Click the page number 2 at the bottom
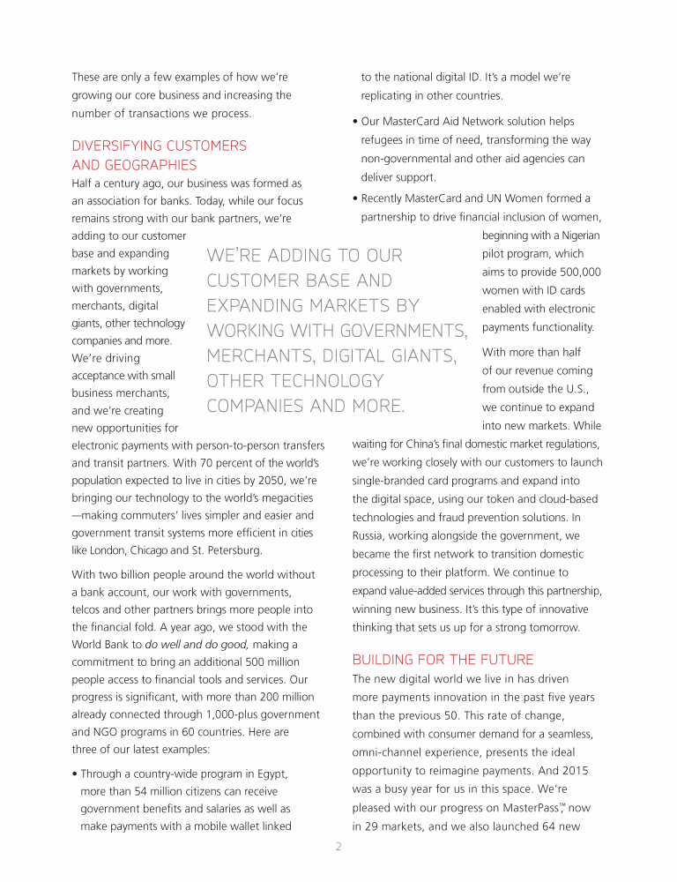(x=338, y=848)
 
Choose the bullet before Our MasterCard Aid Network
(x=354, y=122)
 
